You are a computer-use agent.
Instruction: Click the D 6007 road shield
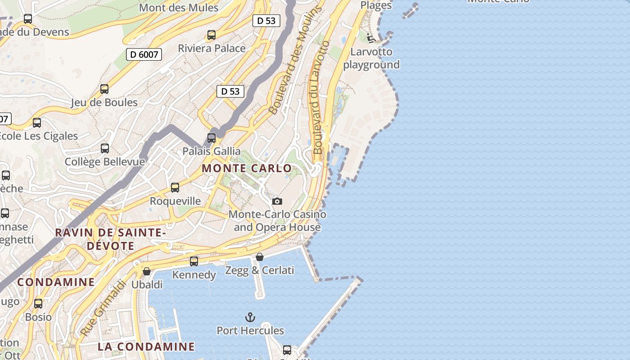tap(144, 54)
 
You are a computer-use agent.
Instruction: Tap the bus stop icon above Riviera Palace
tap(211, 35)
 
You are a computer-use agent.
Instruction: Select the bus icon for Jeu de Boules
tap(104, 89)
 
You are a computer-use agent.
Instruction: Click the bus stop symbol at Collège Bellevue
tap(105, 148)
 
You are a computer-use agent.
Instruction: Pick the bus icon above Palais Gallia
tap(211, 138)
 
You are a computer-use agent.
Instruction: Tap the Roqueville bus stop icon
tap(175, 188)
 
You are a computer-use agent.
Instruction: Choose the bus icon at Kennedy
tap(194, 261)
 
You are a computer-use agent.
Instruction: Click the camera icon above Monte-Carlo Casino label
tap(277, 201)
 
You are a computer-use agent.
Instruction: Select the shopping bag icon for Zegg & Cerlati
tap(260, 257)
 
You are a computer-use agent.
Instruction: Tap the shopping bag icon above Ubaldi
tap(147, 271)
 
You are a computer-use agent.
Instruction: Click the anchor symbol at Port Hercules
tap(250, 317)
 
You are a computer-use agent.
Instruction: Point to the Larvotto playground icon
tap(371, 38)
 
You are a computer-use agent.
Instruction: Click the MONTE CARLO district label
tap(247, 168)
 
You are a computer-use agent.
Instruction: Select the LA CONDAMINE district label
tap(146, 346)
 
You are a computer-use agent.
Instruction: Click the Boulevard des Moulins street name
tap(296, 60)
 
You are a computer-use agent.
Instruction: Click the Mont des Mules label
tap(179, 8)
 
